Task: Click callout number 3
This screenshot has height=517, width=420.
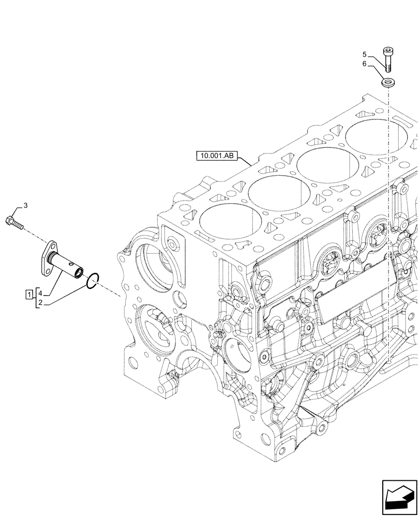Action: (26, 206)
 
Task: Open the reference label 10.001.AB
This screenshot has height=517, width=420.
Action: (217, 155)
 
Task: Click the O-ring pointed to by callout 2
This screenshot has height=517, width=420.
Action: (92, 280)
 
